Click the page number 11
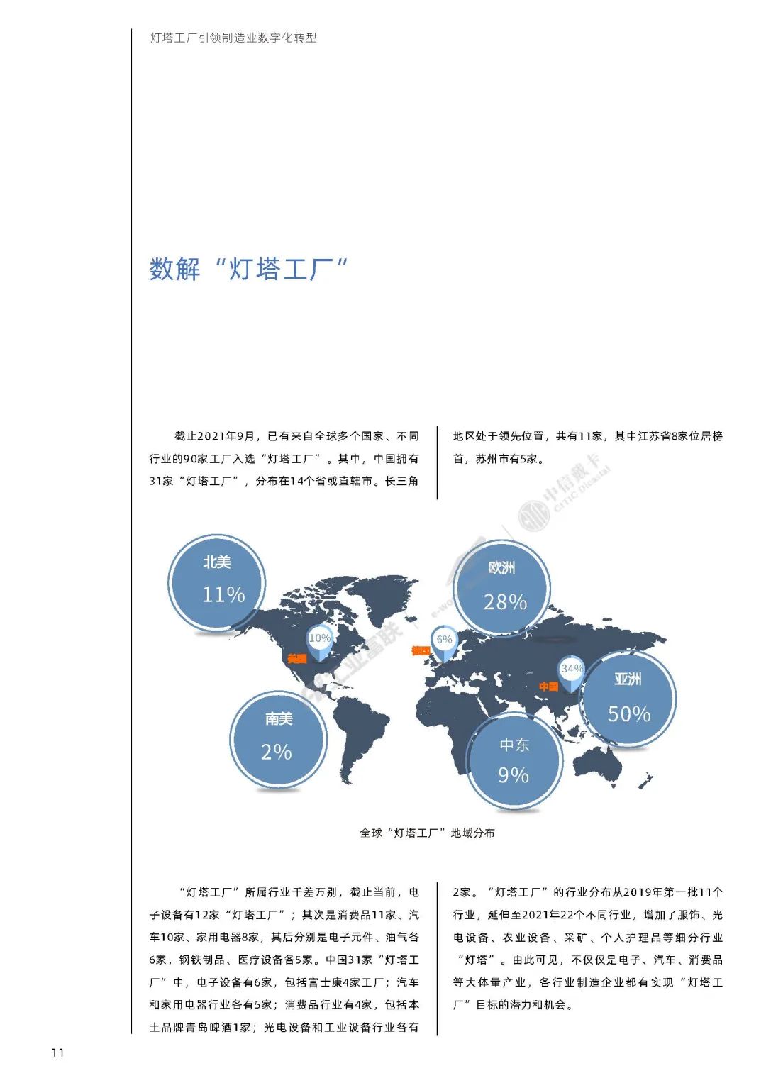tap(57, 1053)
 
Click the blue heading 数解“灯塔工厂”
tap(248, 270)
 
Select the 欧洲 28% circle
tap(502, 587)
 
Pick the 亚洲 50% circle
tap(628, 699)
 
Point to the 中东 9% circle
tap(514, 760)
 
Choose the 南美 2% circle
tap(278, 738)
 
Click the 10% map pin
tap(319, 641)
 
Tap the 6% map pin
tap(444, 642)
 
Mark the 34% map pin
tap(571, 671)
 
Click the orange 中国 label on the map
tap(548, 687)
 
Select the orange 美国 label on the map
tap(297, 659)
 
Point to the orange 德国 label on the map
tap(421, 650)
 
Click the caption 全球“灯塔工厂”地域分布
tap(427, 833)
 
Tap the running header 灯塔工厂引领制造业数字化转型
tap(233, 38)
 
